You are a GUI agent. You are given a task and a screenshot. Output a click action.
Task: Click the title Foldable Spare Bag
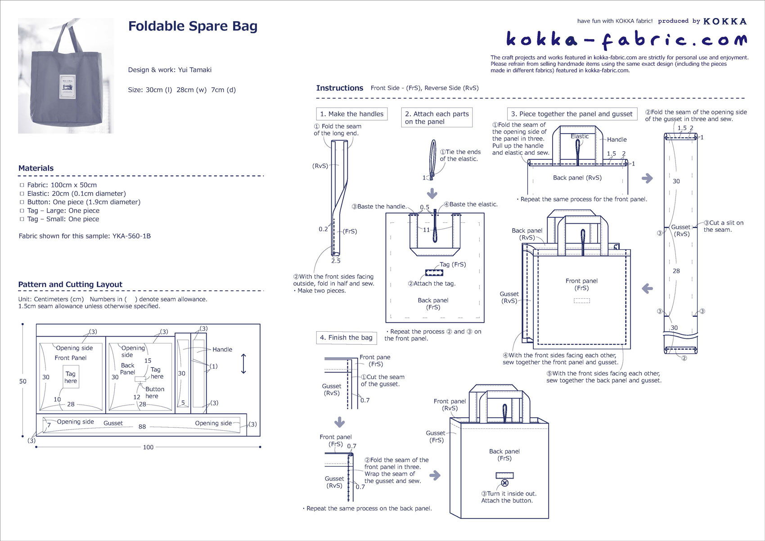pos(193,26)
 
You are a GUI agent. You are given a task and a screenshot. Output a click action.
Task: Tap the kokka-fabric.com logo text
pos(626,40)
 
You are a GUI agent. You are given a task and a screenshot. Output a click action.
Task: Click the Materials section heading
pos(36,168)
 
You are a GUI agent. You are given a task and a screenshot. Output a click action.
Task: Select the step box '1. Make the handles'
pos(351,114)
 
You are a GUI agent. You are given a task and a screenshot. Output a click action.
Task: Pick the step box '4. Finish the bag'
pos(346,338)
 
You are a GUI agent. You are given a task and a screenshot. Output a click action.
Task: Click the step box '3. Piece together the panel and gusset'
pos(571,114)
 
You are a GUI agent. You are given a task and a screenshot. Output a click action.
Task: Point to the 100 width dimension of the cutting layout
pos(148,447)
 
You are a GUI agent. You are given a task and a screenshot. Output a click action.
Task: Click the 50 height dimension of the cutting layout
pos(22,381)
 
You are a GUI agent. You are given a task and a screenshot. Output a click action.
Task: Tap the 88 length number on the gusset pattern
pos(142,426)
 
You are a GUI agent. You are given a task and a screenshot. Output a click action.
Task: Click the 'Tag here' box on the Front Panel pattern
pos(71,377)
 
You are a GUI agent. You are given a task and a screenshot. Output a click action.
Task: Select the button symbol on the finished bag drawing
pos(504,483)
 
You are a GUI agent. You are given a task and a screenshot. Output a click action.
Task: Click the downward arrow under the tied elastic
pos(432,193)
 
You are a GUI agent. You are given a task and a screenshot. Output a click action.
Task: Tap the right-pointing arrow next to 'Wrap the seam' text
pos(435,475)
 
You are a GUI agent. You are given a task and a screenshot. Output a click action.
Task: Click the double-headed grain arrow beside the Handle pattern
pos(243,364)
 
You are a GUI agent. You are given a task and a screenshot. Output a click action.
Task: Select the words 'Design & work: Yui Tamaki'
pos(170,70)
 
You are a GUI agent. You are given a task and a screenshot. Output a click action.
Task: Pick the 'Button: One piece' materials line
pos(84,202)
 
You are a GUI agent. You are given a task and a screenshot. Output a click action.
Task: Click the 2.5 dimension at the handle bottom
pos(336,261)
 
